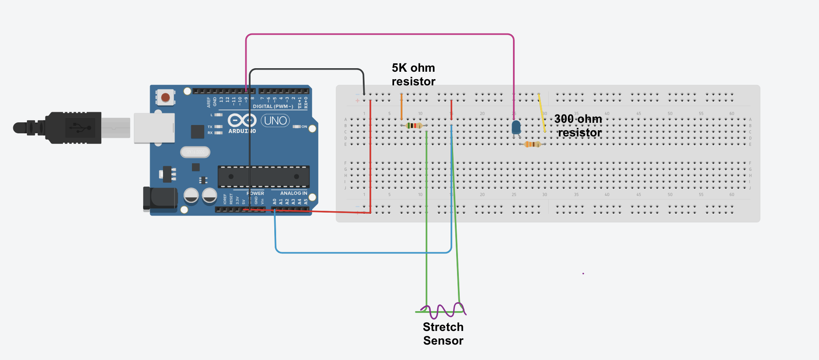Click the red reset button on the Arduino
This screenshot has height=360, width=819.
coord(166,97)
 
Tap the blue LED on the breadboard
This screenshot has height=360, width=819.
coord(516,128)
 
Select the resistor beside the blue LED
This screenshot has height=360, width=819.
coord(532,144)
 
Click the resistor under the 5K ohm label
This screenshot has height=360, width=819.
coord(414,126)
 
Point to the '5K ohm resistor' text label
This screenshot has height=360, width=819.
coord(413,74)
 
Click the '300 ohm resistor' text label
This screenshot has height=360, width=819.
coord(579,125)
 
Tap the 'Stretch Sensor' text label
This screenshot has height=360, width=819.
coord(443,334)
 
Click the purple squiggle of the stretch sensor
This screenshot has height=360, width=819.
coord(443,310)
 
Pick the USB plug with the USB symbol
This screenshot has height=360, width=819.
coord(75,128)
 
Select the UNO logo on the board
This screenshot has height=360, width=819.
coord(275,121)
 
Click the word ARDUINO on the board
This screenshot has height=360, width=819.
coord(242,131)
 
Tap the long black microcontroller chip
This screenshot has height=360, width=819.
coord(263,176)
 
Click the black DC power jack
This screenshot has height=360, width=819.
coord(160,198)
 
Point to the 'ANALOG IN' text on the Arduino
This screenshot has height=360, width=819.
coord(294,193)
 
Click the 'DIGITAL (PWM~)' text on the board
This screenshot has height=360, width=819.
coord(273,107)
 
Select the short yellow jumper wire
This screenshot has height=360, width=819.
coord(542,113)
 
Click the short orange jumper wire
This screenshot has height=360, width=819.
coord(401,107)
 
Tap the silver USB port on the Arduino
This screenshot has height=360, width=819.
coord(154,128)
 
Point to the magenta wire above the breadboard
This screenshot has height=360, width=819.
coord(379,34)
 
